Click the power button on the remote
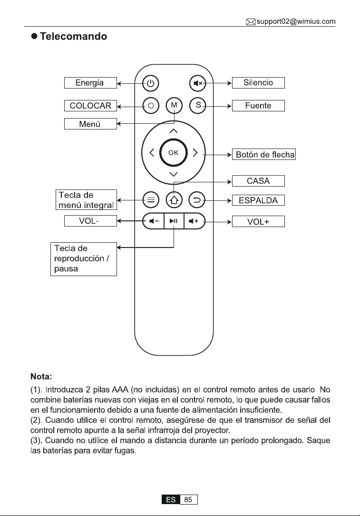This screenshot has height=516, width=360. coord(151,83)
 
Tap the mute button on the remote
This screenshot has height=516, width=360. coord(197,83)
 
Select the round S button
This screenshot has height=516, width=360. coord(197,105)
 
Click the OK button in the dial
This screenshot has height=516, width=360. coord(173,153)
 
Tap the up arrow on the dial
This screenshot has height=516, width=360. coord(173,131)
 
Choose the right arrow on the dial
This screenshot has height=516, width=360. coord(195,153)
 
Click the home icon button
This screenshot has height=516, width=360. coord(174,200)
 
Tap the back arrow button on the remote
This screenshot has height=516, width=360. coord(197,200)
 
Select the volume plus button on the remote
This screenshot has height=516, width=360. coord(195,221)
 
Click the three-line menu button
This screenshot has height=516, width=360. coord(151,200)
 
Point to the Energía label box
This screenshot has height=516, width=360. coord(90,83)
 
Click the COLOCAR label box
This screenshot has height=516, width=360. coord(90,106)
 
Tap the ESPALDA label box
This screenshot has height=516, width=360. coord(258,200)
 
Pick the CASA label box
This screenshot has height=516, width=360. coord(258,181)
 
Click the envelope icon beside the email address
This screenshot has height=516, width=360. coord(251,22)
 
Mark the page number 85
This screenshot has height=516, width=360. coord(188,499)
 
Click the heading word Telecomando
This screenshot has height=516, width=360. coord(74,36)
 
